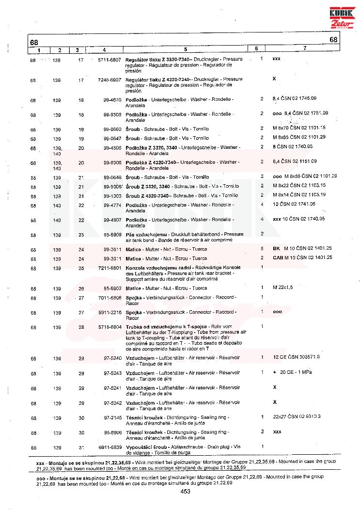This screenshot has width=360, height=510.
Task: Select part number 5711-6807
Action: [x=109, y=59]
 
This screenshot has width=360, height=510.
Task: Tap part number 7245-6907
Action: [x=109, y=79]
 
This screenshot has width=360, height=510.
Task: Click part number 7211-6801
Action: [x=109, y=267]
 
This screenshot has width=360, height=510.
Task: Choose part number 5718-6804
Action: [x=109, y=327]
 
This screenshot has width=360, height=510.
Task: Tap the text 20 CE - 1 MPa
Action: [x=295, y=372]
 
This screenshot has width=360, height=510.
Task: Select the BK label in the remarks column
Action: [x=277, y=248]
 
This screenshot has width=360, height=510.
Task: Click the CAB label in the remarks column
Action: [x=278, y=257]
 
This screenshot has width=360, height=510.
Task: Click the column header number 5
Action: [x=186, y=49]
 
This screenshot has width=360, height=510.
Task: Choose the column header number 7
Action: [x=305, y=49]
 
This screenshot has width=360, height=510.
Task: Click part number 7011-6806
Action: [x=109, y=297]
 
